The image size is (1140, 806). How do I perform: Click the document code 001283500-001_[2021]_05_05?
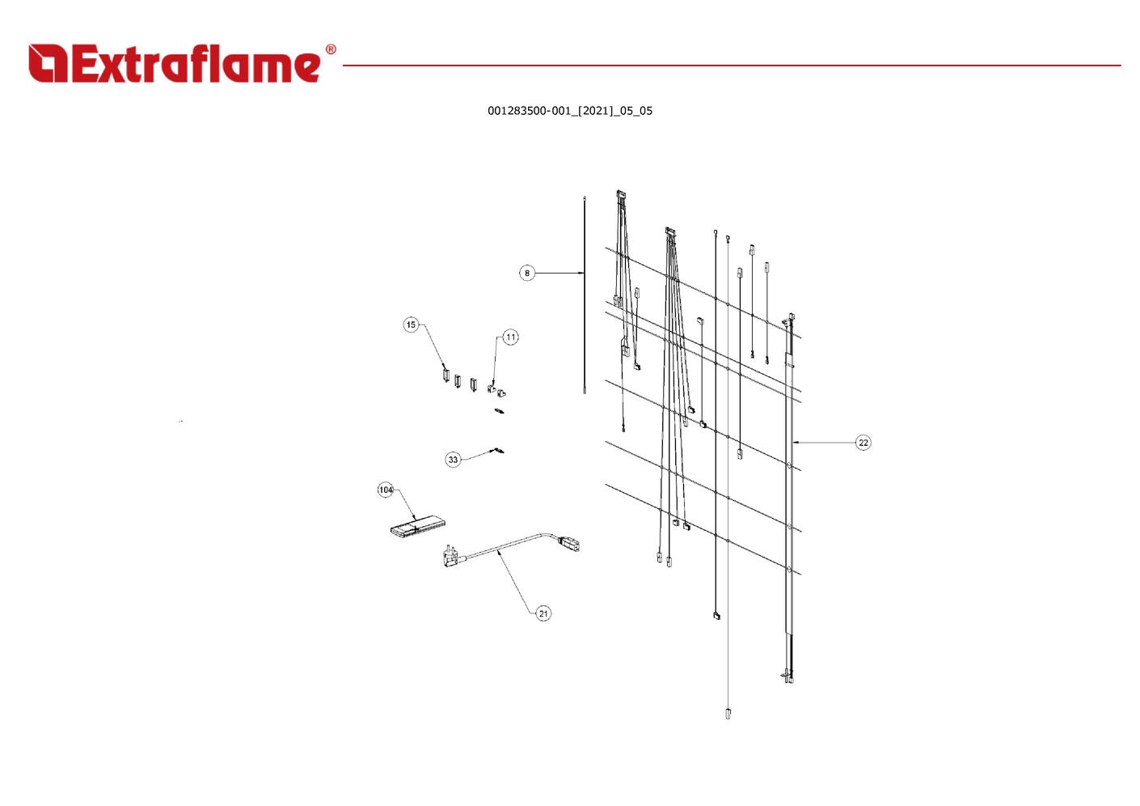pos(569,111)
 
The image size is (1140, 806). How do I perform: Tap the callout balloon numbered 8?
pos(527,274)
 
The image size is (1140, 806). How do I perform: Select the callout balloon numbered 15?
pos(411,325)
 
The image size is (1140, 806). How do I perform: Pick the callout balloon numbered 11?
pos(510,337)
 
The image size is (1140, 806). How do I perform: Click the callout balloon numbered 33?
pos(453,460)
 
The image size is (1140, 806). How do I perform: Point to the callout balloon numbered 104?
pos(386,490)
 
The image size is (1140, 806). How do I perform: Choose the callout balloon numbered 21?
pos(543,613)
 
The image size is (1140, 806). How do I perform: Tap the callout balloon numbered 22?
pos(863,443)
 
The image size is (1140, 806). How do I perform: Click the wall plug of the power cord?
pos(451,557)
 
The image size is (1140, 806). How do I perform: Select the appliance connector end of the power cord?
pos(571,542)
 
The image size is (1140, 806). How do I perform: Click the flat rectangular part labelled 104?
pos(417,528)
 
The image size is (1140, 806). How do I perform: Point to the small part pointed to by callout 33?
pos(500,450)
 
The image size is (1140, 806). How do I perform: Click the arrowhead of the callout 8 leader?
pos(581,274)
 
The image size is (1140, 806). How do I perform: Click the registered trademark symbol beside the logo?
pos(331,50)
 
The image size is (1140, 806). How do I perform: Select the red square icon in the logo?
pos(48,64)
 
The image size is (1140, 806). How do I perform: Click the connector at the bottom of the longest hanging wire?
pos(728,714)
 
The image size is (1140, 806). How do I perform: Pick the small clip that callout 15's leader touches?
pos(445,375)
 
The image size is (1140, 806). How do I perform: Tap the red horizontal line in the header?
pos(728,66)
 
